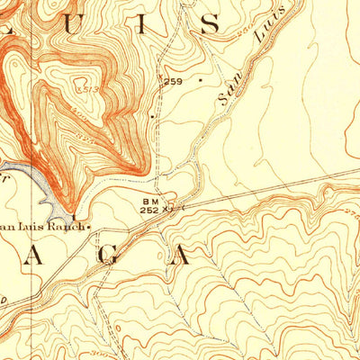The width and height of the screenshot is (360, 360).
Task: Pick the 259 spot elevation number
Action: click(172, 82)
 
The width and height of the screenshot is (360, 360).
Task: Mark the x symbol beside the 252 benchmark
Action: click(168, 209)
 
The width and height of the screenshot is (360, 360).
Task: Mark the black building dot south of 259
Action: click(153, 115)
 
